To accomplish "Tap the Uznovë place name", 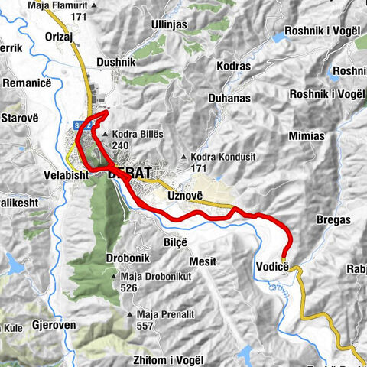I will pyautogui.click(x=184, y=196).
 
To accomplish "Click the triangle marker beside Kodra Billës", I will pyautogui.click(x=105, y=135).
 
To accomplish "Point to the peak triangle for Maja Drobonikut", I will pyautogui.click(x=112, y=276).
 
